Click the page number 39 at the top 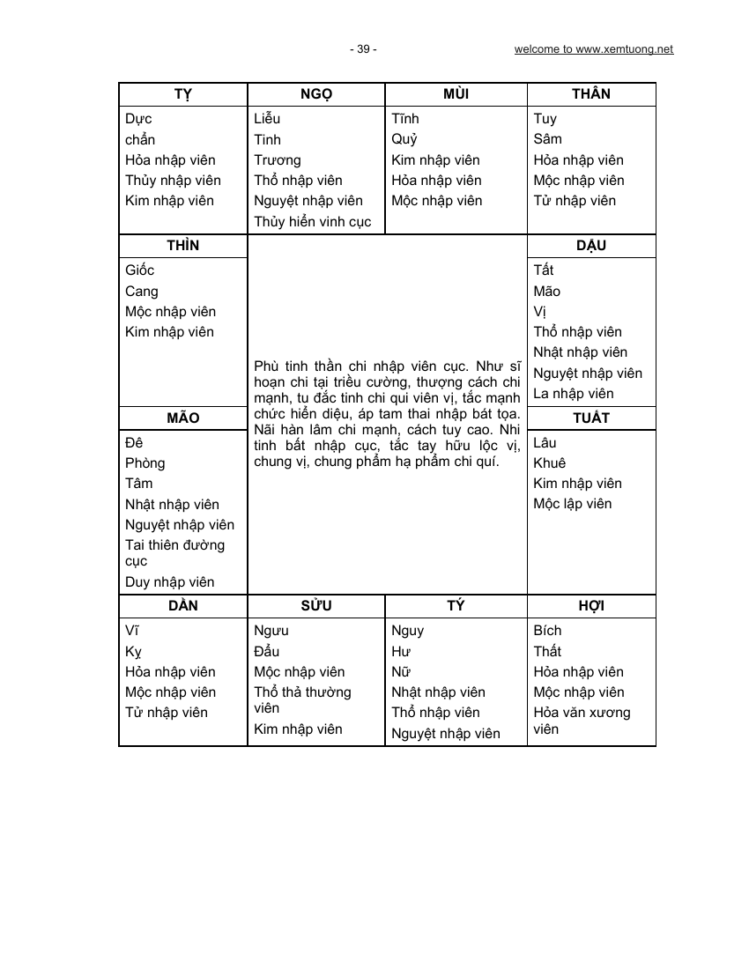tap(363, 49)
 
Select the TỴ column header tap(182, 94)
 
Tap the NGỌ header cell tap(316, 94)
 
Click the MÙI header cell tap(456, 94)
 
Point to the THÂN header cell tap(591, 94)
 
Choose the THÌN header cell tap(182, 246)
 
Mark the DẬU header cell tap(591, 246)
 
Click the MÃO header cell tap(182, 418)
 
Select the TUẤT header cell tap(591, 418)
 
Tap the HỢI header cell tap(591, 606)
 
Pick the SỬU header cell tap(316, 606)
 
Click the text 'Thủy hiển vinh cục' tap(313, 222)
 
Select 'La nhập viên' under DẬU tap(574, 394)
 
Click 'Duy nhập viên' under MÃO tap(170, 582)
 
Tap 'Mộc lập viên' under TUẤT tap(572, 504)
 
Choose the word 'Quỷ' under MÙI tap(404, 139)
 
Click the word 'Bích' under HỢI tap(547, 631)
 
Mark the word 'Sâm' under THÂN tap(547, 139)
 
